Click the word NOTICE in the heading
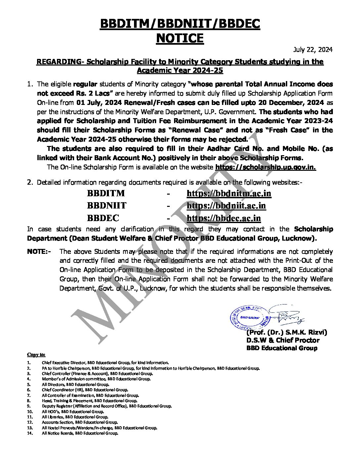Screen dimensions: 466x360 180,38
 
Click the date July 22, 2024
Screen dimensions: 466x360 313,50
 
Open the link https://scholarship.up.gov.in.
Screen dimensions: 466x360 265,167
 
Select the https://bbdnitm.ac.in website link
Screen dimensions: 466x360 229,193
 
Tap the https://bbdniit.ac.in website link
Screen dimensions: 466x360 226,206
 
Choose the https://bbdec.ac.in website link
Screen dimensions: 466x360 224,218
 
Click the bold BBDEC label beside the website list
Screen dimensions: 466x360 103,218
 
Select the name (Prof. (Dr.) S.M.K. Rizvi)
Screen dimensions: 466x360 287,332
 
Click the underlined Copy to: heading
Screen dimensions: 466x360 36,354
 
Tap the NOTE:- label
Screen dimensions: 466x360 39,252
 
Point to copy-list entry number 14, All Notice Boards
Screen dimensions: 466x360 80,433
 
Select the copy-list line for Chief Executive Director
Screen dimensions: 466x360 105,362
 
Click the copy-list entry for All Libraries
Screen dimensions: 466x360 75,417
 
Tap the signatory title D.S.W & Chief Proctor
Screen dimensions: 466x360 283,340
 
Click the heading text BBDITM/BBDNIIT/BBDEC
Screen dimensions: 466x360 180,24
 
